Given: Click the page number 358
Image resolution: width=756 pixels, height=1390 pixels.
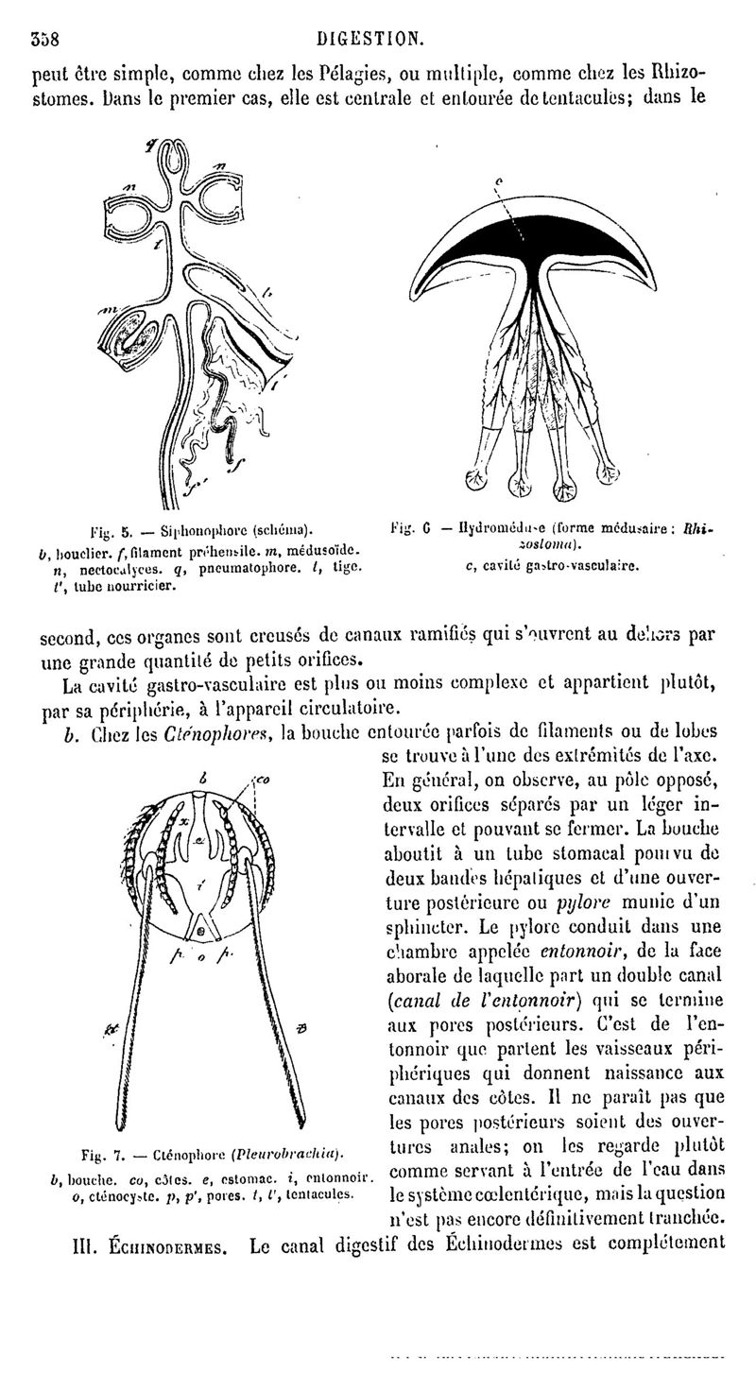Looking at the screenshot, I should pos(44,40).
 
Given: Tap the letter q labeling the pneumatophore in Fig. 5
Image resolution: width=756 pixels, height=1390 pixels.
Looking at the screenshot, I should pos(150,144).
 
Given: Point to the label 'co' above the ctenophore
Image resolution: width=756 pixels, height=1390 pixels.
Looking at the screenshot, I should pos(262,781).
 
